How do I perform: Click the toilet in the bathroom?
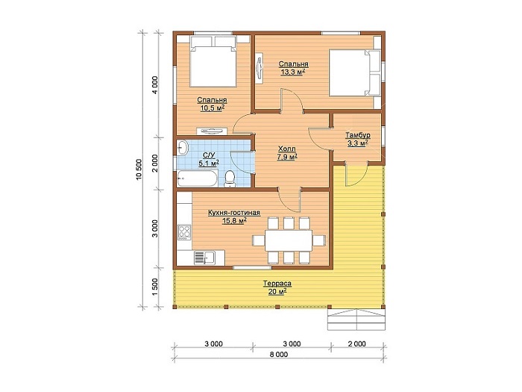tap(230, 178)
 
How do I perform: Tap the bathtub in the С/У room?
tap(197, 178)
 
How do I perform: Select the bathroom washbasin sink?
tap(182, 147)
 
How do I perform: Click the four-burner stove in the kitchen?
tap(184, 232)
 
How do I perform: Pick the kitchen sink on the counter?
tap(204, 258)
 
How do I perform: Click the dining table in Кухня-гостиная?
tap(289, 240)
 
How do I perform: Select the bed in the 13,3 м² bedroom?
tap(354, 73)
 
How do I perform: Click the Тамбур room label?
tap(357, 136)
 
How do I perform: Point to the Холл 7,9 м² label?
tap(287, 152)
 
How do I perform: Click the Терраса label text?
tap(277, 284)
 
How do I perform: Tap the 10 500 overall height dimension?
tap(139, 169)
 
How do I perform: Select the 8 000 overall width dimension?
tap(279, 355)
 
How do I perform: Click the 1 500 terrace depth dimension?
tap(155, 287)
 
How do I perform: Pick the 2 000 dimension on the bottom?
tap(356, 343)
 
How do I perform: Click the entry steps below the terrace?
tap(356, 320)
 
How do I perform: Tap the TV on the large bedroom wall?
tap(260, 69)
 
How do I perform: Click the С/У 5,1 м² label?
tap(208, 159)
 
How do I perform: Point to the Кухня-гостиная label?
tap(233, 213)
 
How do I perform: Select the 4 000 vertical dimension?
tap(155, 85)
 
